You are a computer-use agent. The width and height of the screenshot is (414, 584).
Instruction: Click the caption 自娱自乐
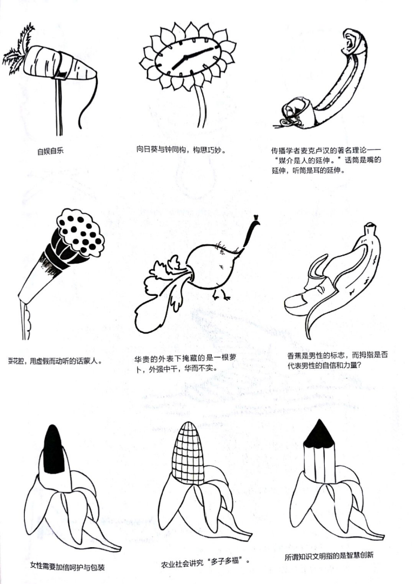click(50, 151)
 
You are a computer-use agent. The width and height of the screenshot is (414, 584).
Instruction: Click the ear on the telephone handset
click(352, 41)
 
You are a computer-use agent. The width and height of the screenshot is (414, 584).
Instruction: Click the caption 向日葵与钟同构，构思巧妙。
click(181, 150)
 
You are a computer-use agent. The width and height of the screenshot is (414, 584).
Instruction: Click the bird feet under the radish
click(221, 294)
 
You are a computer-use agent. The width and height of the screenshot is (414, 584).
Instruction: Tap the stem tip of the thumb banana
click(370, 227)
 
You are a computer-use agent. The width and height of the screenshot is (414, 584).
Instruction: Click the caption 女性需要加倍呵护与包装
click(67, 567)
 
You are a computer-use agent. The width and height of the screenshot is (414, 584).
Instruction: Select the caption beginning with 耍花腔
click(55, 361)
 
